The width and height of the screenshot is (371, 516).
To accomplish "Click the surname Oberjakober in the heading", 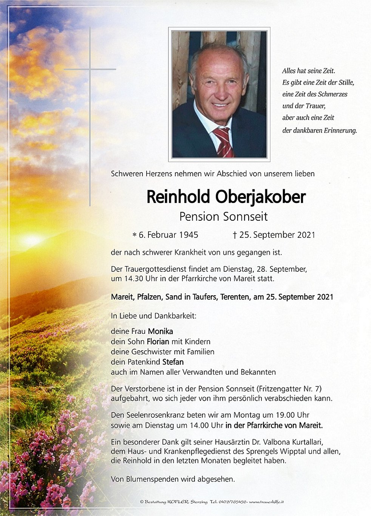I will [260, 197].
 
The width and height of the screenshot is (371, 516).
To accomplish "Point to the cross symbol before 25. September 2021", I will [235, 235].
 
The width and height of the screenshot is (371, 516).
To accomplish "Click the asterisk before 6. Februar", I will [134, 235].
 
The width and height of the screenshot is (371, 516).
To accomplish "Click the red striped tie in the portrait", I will [223, 141].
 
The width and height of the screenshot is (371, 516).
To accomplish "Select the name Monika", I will [161, 331].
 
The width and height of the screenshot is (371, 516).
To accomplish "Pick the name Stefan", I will [173, 362].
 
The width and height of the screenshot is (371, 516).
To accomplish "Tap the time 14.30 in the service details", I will [132, 279].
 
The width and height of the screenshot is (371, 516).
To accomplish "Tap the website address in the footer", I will [267, 502].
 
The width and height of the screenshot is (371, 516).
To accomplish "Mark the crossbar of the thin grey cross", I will [90, 69].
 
